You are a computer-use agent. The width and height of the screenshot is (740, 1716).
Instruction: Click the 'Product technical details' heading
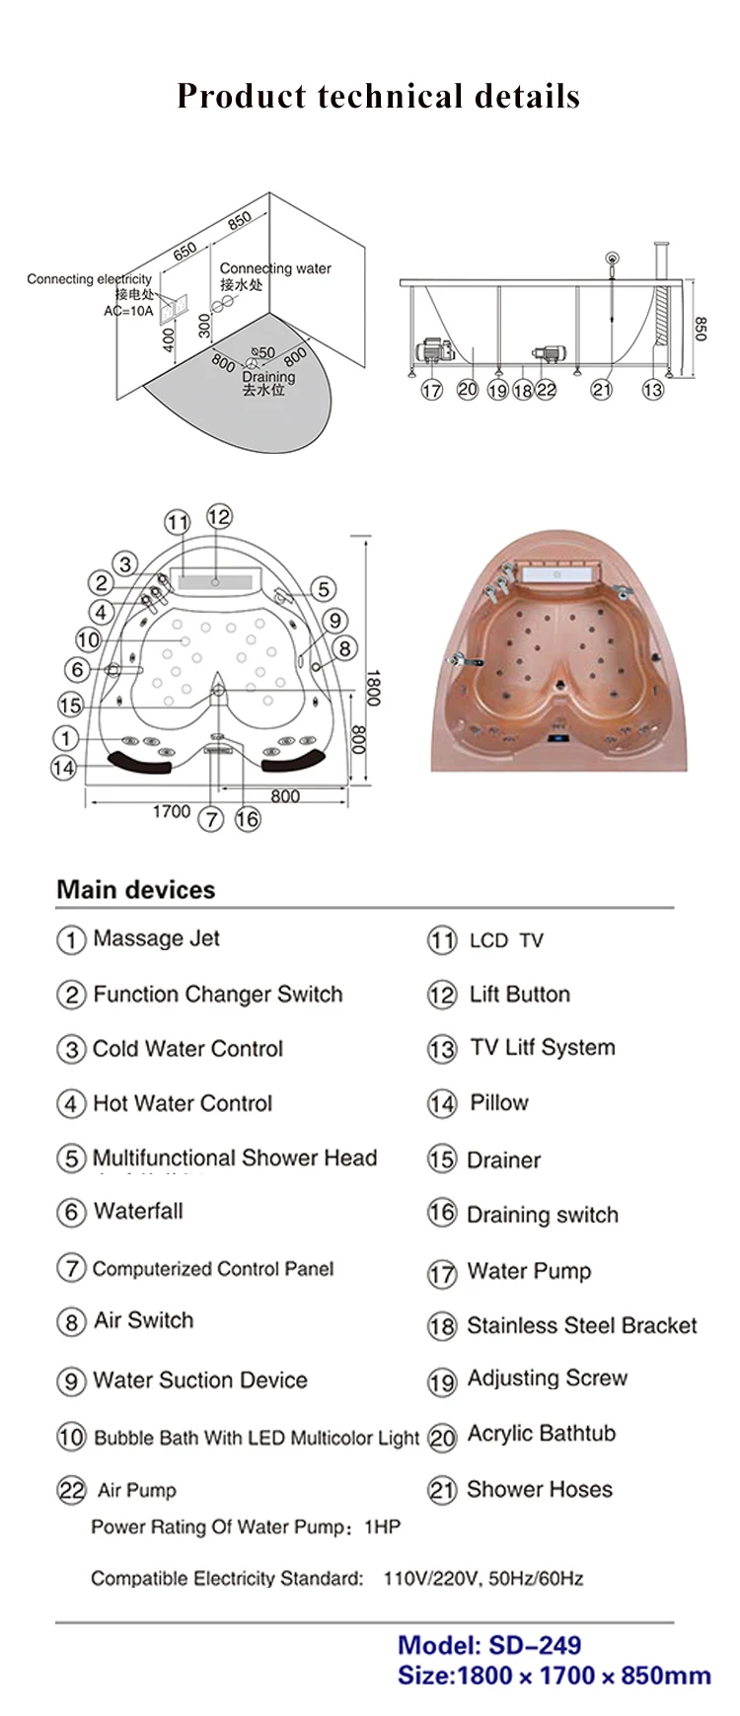378,96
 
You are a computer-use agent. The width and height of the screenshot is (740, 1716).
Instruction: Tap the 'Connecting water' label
275,268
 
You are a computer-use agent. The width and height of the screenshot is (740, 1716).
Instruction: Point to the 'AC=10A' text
128,311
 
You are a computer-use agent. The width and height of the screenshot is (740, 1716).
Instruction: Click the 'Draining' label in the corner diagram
268,377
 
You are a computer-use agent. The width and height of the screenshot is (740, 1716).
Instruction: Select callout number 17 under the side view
431,390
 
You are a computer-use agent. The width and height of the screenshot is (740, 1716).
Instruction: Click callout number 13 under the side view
652,390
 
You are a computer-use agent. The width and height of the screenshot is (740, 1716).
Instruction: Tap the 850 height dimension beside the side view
701,329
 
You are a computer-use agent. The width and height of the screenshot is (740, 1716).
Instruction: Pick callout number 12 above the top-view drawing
219,516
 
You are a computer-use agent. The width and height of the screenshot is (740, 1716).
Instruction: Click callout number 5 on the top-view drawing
324,589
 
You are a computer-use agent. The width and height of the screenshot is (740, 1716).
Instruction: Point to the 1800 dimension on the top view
372,687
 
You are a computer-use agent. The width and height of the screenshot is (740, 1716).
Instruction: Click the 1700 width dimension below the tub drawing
171,811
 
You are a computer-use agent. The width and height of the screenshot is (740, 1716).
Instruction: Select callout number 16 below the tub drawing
247,819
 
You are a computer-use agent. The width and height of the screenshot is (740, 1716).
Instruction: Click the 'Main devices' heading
136,889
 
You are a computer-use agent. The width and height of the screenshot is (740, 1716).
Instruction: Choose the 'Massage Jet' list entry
156,938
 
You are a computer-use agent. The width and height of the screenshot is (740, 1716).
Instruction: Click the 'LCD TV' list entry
505,940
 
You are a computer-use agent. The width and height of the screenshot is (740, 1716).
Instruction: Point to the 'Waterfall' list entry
138,1211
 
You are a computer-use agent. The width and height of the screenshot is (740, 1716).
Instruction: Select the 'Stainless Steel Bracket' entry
581,1325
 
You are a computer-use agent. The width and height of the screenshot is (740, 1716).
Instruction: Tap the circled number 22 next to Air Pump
71,1490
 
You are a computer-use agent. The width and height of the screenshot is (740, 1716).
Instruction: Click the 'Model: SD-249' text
488,1645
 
